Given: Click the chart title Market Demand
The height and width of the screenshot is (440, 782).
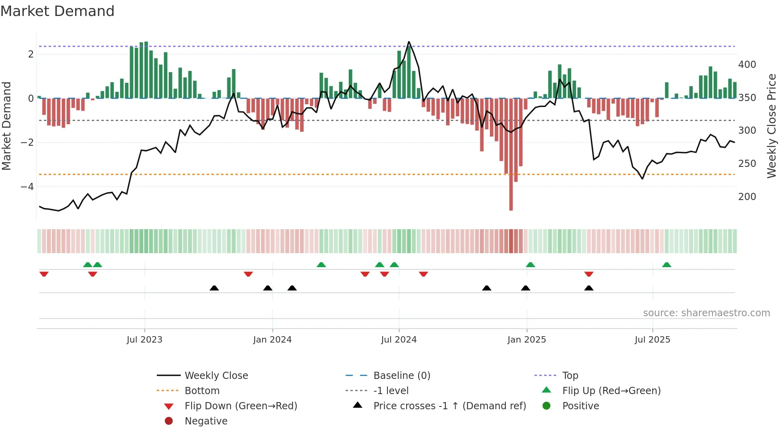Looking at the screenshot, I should pos(57,11).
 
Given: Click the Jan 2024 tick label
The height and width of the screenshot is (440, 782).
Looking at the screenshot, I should pos(272,340).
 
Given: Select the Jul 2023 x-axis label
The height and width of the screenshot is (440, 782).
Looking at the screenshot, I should pos(144,340).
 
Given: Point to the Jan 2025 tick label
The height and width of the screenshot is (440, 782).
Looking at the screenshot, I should pos(526,340).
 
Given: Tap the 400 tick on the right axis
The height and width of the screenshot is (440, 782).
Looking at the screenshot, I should pos(747,65).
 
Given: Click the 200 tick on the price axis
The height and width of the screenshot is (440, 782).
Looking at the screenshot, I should pos(747,197).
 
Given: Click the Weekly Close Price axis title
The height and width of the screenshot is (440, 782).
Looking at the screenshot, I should pos(772,126).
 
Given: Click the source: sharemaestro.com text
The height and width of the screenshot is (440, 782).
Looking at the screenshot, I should pos(706,313).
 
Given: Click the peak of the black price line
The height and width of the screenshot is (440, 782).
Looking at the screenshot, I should pos(409,42).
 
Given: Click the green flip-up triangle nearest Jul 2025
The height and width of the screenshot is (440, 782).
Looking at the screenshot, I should pos(666,265).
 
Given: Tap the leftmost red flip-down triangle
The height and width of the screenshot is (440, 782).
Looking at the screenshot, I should pos(44,274).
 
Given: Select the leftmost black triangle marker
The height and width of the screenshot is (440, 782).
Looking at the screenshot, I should pos(214,288).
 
